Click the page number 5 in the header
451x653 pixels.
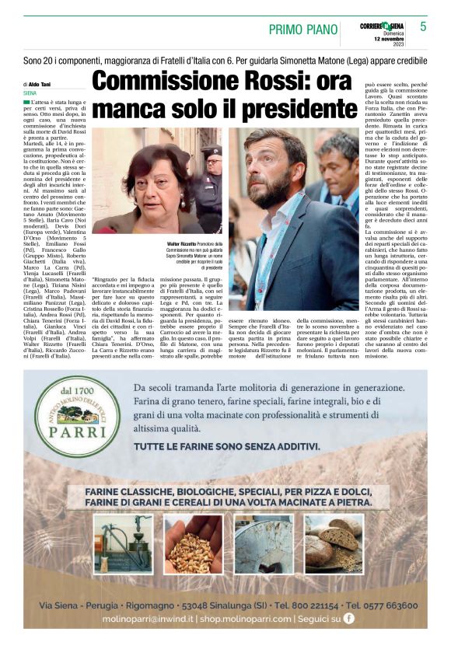(x=423, y=26)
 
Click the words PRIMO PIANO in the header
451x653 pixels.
(x=301, y=30)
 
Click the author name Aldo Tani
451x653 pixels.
(x=40, y=84)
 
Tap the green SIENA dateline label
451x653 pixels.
(x=30, y=93)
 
